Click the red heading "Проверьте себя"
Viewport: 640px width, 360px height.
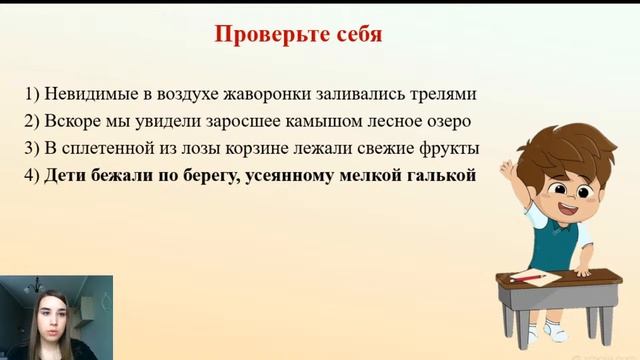click(x=298, y=33)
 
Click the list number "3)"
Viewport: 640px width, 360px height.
click(x=32, y=149)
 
